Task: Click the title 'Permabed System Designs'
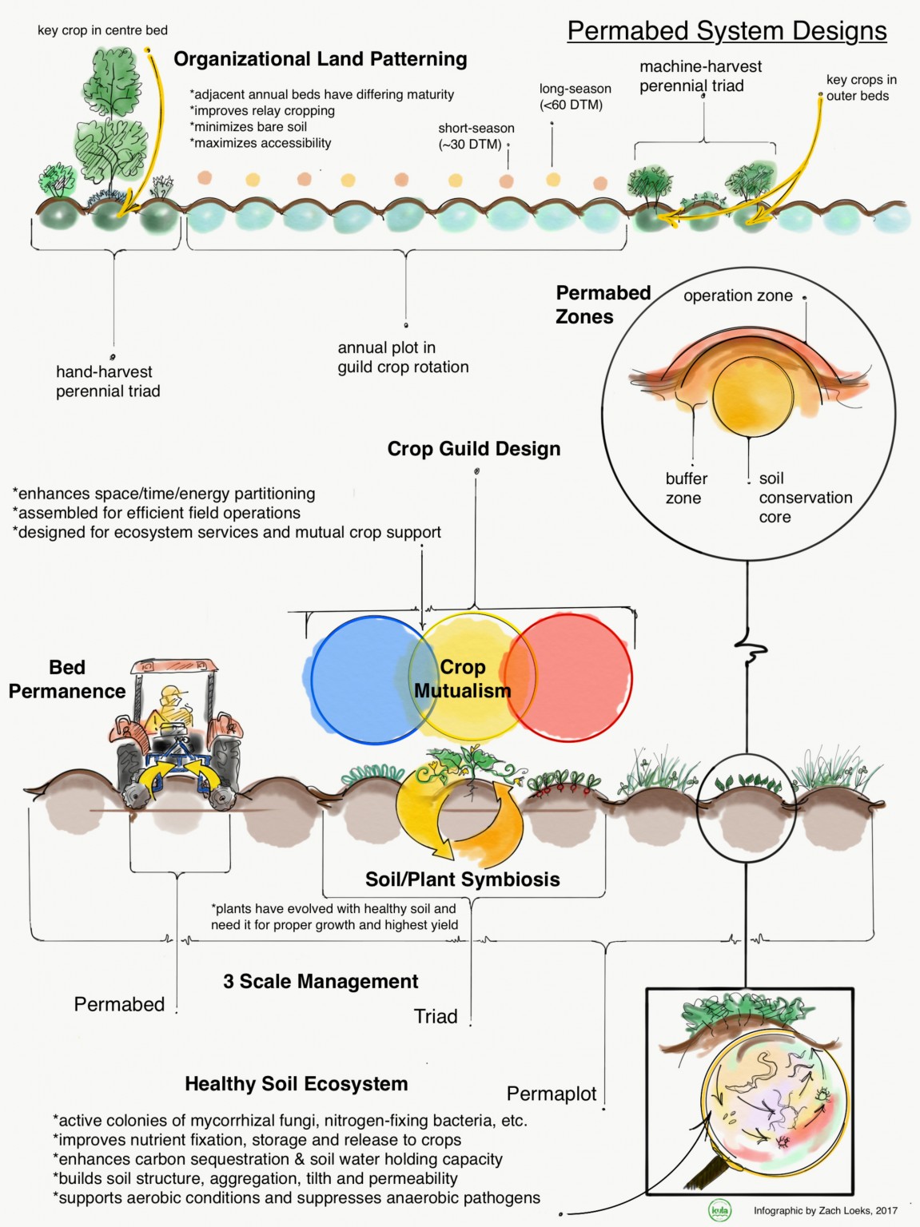pos(727,30)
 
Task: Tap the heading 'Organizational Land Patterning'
pos(320,59)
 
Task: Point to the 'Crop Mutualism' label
pos(462,679)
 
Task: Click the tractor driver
pos(173,707)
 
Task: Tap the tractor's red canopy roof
pos(174,666)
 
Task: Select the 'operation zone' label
pos(737,296)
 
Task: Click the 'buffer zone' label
pos(686,488)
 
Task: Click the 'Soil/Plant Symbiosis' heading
pos(462,880)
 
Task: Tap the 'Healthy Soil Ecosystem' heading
pos(296,1084)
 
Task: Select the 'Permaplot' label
pos(551,1094)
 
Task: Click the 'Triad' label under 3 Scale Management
pos(436,1016)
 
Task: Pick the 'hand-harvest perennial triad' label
pos(107,381)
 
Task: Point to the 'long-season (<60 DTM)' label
pos(575,97)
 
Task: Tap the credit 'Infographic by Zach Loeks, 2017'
pos(825,1211)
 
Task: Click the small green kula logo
pos(719,1211)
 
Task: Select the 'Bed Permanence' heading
pos(67,679)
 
